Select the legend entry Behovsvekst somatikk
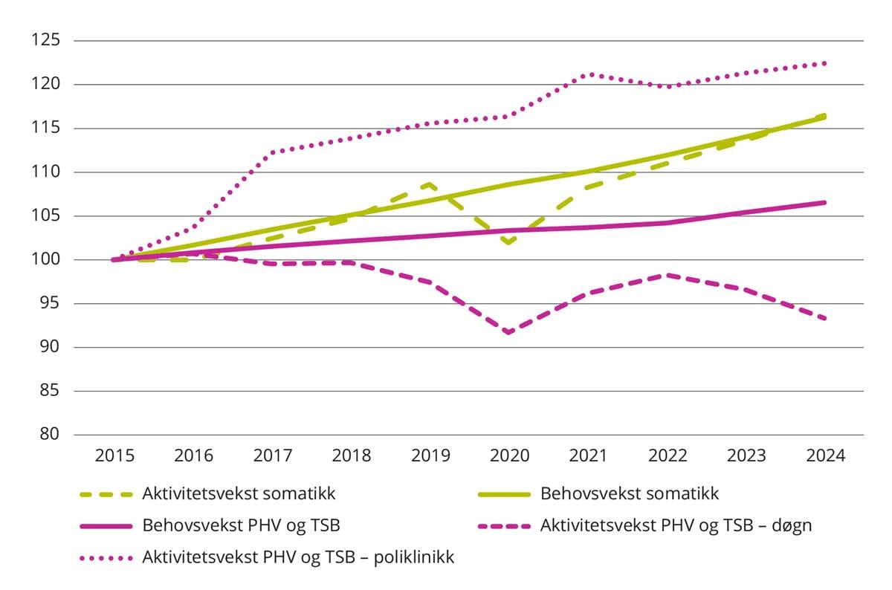coord(630,493)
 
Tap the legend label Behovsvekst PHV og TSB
coord(241,525)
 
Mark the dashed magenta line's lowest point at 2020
coord(509,332)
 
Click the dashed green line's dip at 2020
coord(509,242)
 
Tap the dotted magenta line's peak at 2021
coord(589,74)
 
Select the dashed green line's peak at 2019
coord(430,184)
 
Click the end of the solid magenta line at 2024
coord(825,202)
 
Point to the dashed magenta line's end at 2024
coord(825,319)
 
